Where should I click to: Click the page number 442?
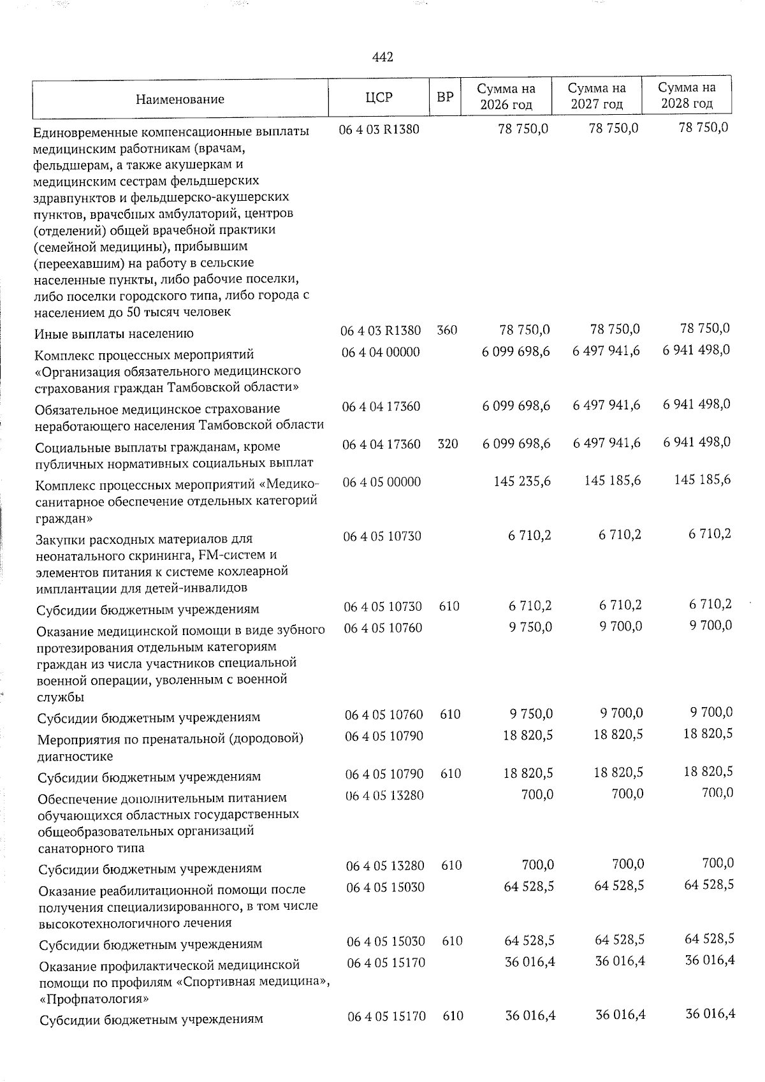tap(382, 57)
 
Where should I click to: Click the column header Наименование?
tap(180, 99)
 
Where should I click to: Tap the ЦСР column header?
tap(379, 98)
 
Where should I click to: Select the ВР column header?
tap(444, 98)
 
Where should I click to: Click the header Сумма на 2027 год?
tap(597, 96)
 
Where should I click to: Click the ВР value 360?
tap(447, 330)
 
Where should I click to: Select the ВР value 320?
tap(448, 444)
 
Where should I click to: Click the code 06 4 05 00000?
tap(381, 481)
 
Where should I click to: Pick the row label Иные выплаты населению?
tap(114, 333)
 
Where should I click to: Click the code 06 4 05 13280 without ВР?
tap(384, 794)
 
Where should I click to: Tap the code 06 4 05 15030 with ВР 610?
tap(385, 941)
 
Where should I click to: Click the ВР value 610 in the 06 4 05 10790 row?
tap(450, 774)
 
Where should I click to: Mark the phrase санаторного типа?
tap(91, 848)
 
